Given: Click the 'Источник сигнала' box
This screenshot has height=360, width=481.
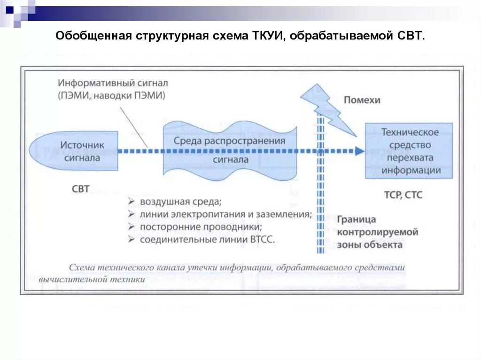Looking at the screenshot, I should (75, 151).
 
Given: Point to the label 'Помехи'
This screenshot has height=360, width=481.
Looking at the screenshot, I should (362, 100).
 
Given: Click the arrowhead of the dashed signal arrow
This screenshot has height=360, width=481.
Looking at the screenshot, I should (360, 151).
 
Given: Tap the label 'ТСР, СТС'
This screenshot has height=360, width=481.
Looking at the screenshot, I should (403, 194).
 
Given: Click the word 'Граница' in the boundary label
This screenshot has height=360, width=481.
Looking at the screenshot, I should (356, 219).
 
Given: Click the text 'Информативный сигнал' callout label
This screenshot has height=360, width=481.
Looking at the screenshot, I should (113, 83).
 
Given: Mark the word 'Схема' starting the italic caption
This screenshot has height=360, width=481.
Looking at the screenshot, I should (82, 268).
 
